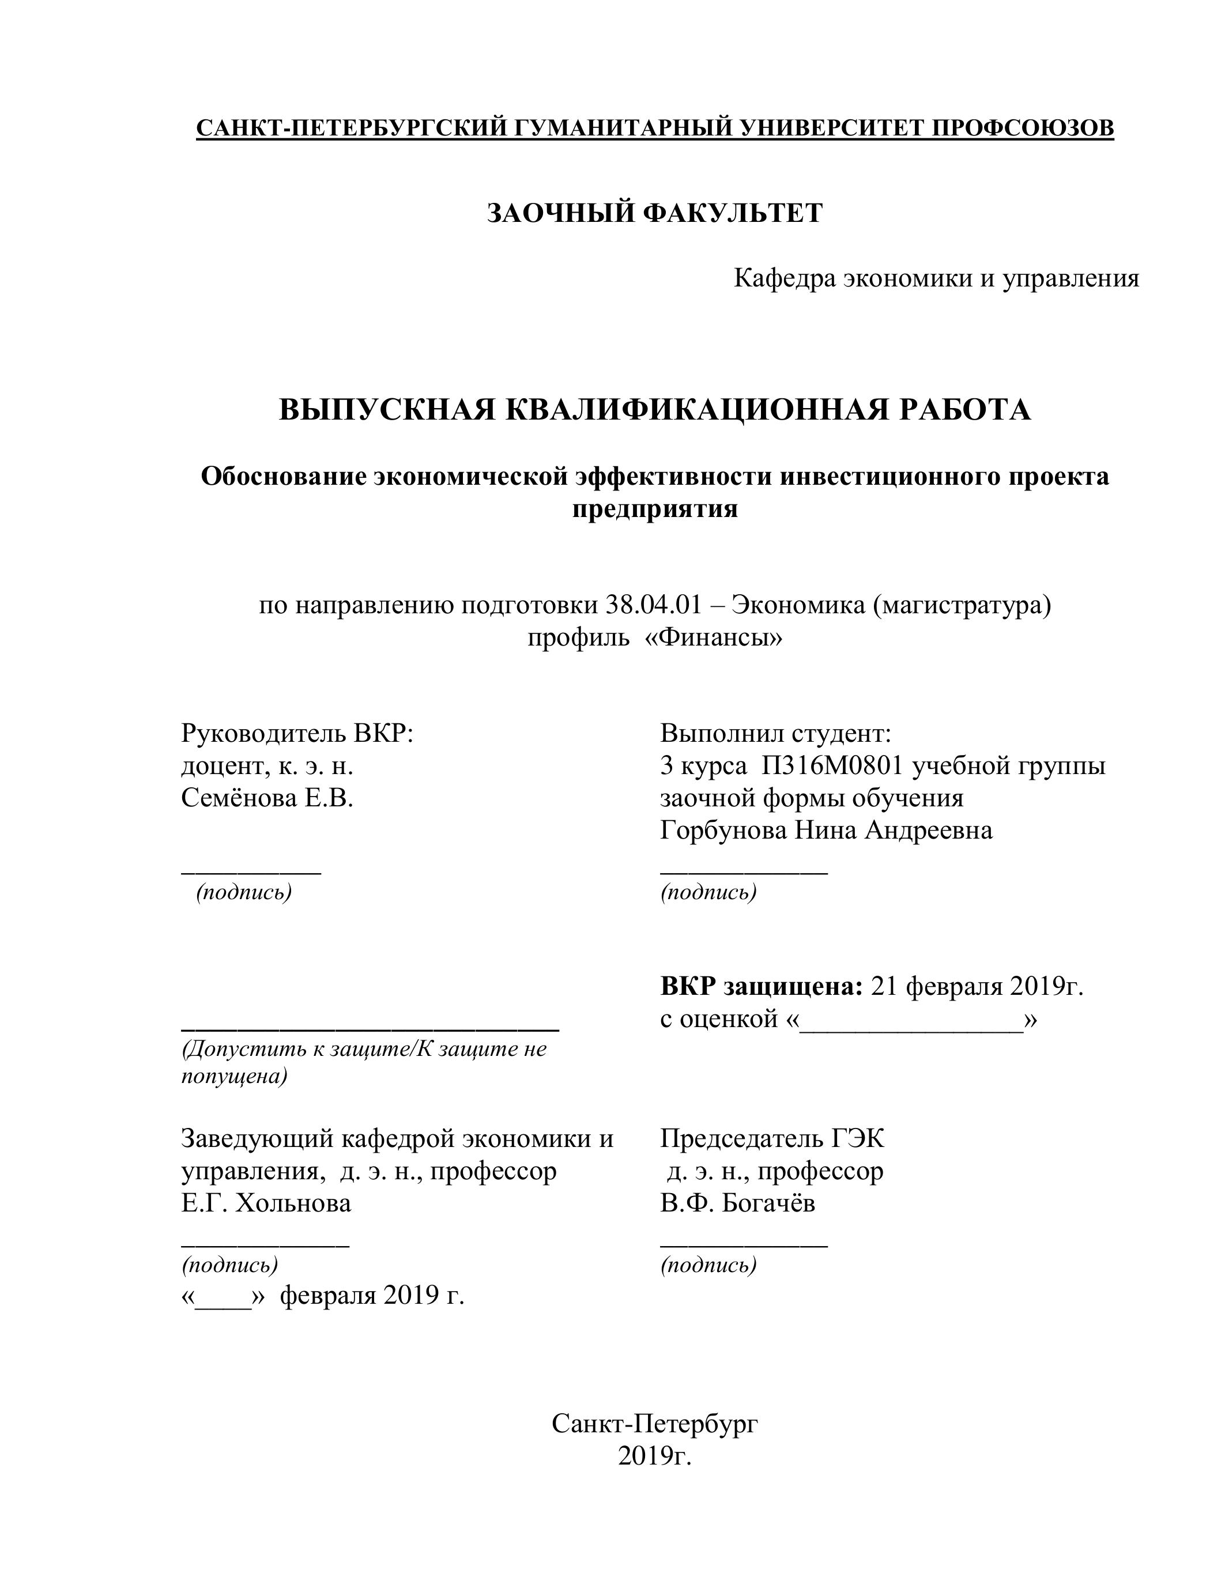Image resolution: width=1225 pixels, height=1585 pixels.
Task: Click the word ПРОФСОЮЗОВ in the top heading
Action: point(1022,128)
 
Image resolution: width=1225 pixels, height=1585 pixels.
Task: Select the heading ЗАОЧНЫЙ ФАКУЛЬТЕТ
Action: point(655,213)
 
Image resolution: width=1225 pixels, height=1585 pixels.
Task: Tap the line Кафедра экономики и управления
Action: point(936,278)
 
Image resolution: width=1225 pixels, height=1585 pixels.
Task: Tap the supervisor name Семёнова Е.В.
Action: point(267,798)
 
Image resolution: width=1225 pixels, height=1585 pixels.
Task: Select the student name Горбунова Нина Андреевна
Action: point(826,829)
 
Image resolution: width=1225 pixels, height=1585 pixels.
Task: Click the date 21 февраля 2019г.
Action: point(977,986)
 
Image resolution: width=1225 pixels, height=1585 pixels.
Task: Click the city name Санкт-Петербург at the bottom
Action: point(655,1424)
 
